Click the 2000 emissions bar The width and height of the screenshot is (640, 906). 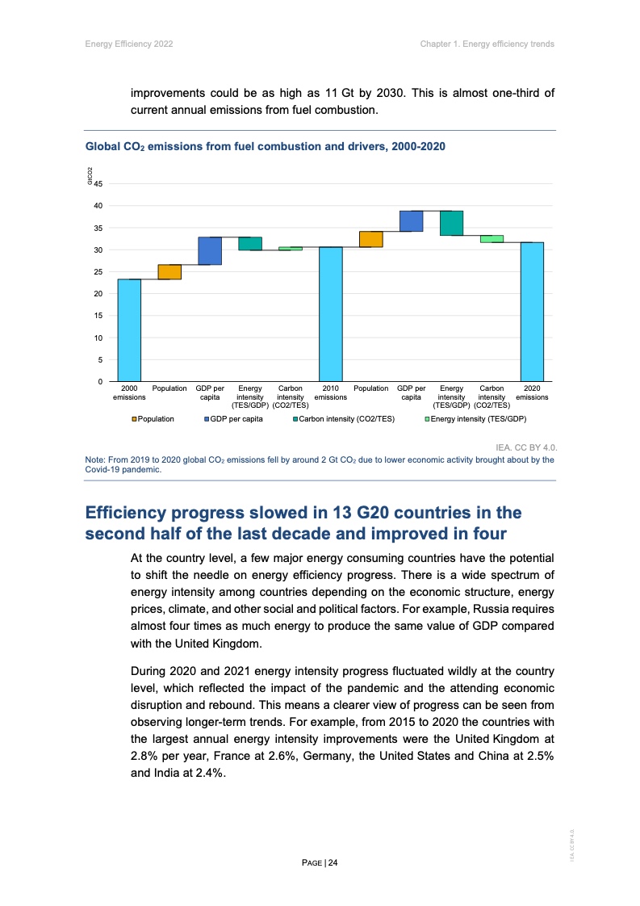(129, 329)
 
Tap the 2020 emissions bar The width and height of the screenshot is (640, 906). (532, 311)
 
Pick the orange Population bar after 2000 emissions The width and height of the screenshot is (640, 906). (169, 271)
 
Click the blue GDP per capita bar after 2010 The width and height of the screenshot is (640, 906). (411, 220)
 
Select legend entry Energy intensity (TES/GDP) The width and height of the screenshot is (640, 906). (478, 419)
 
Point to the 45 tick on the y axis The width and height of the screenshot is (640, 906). (98, 184)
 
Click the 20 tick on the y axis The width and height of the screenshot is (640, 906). (98, 294)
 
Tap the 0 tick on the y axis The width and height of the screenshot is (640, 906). (100, 381)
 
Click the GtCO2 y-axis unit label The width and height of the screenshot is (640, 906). (90, 174)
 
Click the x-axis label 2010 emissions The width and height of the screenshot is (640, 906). (330, 393)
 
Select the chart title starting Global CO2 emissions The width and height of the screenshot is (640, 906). (266, 146)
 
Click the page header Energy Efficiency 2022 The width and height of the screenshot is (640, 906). (129, 44)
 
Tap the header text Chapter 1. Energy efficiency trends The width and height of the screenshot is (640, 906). (487, 44)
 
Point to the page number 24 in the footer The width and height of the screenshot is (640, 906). (333, 862)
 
